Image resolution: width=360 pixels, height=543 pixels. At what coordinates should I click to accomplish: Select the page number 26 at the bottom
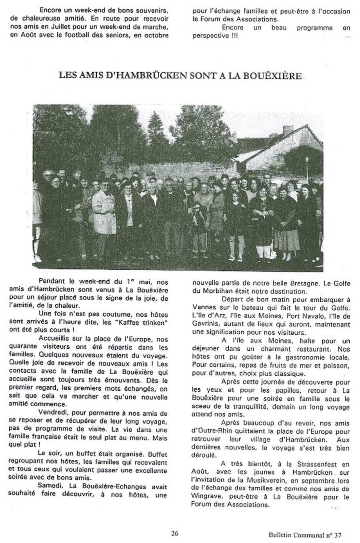(175, 533)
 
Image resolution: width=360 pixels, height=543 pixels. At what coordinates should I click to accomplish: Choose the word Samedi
(51, 486)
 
